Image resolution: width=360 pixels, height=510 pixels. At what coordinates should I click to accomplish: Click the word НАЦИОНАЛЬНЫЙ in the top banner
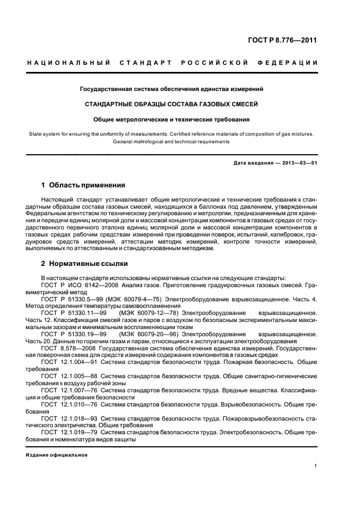point(68,63)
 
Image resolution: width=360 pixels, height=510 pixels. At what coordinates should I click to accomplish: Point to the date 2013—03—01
point(298,163)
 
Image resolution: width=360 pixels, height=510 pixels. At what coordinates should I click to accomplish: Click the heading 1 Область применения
point(83,185)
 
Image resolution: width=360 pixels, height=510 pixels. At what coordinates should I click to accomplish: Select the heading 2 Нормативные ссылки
point(84,264)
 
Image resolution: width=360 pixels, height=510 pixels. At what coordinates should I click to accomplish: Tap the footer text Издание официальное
point(57,454)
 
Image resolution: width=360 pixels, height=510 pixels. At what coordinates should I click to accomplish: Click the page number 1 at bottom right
point(316,466)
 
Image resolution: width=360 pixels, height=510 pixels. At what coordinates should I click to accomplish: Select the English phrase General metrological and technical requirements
point(171,142)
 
